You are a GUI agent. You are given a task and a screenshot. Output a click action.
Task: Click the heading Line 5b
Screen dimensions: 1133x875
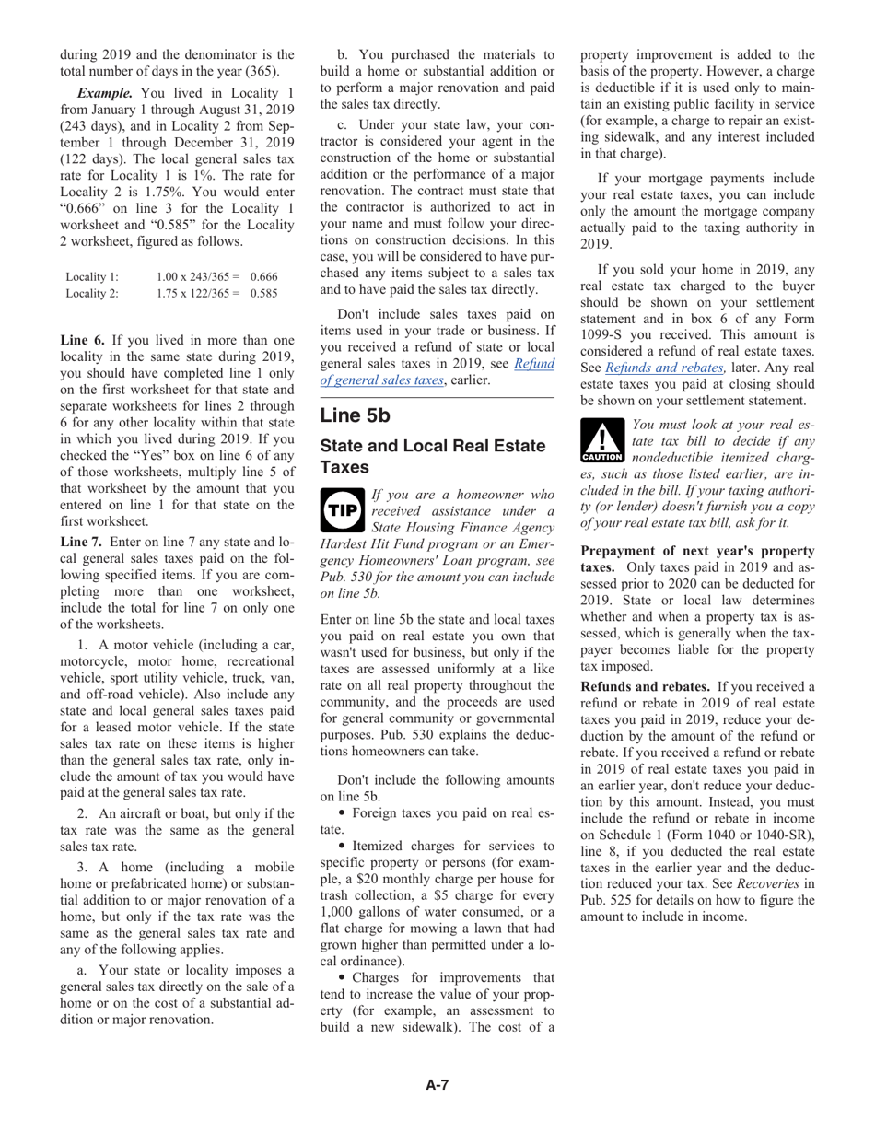[355, 415]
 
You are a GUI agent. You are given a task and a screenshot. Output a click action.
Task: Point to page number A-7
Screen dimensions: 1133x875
[437, 1085]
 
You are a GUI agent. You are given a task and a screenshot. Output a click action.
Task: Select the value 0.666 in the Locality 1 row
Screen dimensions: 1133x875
[263, 276]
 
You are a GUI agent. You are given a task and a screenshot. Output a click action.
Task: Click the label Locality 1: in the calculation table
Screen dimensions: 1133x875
[92, 276]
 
